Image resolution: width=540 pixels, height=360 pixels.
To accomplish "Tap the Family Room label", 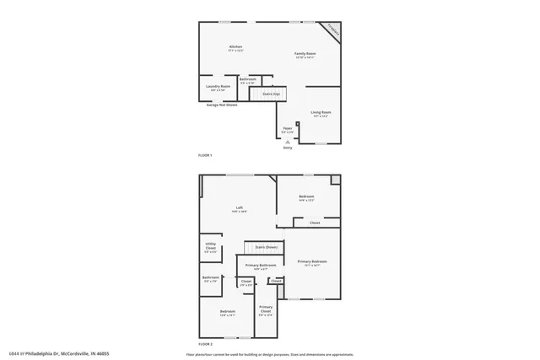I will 305,54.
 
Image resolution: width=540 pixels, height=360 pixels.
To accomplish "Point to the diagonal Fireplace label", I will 334,30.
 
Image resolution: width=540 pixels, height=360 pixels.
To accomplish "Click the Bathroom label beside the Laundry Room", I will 247,79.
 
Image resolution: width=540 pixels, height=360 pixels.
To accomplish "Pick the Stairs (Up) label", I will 271,94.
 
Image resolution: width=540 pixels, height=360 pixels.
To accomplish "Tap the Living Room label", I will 321,112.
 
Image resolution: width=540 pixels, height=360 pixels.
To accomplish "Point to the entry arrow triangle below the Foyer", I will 287,142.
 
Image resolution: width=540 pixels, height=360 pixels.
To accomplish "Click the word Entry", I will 287,148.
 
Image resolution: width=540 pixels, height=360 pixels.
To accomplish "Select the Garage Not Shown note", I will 222,105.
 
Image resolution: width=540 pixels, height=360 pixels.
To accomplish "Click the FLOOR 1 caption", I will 205,156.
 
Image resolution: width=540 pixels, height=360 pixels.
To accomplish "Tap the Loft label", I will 240,207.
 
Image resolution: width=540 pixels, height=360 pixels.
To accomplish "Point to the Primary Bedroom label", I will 312,262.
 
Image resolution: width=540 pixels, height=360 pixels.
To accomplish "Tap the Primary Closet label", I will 266,308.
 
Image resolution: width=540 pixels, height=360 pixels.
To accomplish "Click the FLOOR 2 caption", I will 205,344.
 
